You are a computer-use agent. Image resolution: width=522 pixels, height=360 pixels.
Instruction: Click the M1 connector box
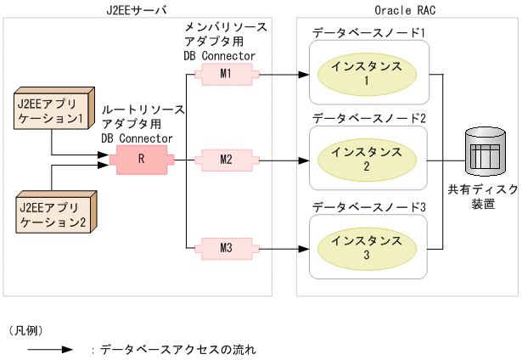tap(225, 74)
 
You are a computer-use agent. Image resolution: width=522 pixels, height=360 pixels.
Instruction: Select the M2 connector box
tap(225, 159)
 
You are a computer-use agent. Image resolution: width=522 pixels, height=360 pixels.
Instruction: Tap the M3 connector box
tap(225, 248)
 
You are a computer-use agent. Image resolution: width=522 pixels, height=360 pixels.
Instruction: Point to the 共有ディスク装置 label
tap(484, 197)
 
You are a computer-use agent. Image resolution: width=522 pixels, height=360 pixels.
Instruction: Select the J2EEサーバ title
tap(137, 9)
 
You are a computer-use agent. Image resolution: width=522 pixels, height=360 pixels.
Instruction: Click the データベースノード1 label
tap(368, 32)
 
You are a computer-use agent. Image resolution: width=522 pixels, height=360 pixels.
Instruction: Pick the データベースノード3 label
tap(368, 205)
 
